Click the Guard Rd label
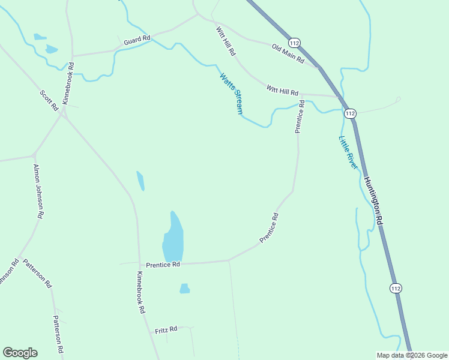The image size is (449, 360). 137,40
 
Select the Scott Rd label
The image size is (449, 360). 49,100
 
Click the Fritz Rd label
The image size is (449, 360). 166,330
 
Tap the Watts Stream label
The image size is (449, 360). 231,94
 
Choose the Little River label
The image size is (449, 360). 348,152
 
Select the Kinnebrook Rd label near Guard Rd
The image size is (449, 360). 68,82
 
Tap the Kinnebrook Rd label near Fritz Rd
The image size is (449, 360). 140,293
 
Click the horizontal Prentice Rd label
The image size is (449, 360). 163,265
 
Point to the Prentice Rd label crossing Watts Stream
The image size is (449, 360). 299,116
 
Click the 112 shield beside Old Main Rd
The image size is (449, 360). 294,43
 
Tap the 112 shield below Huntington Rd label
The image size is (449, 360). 395,289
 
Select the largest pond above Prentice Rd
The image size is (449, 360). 173,238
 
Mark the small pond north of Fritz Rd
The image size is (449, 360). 184,289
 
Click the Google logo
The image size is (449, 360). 20,353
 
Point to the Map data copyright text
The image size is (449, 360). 412,355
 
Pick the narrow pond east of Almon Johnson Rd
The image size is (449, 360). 140,181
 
